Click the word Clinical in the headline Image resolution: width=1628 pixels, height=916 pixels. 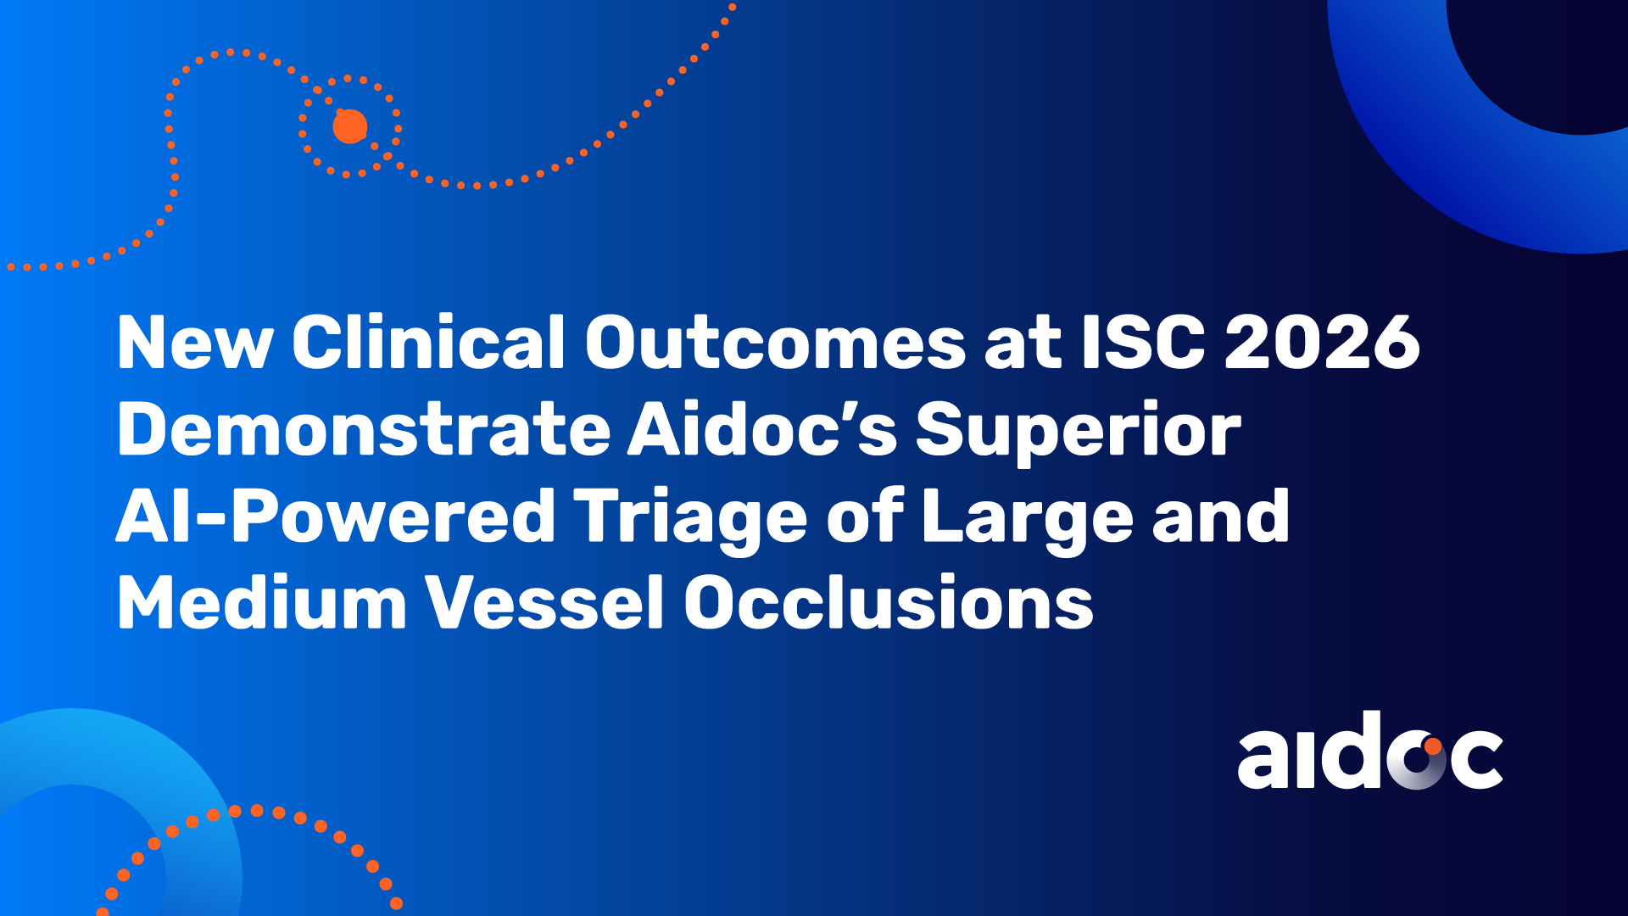(428, 342)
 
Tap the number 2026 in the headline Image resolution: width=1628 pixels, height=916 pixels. (1322, 342)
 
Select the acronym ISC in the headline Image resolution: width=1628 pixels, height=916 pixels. (1143, 342)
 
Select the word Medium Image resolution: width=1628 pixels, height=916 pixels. (262, 601)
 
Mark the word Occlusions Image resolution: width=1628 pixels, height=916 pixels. (889, 601)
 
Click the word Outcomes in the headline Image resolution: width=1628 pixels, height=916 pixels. (775, 342)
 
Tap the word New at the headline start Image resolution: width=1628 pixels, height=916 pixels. (195, 343)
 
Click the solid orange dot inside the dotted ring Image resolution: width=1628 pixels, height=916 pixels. (349, 126)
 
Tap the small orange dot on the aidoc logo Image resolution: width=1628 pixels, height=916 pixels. (1432, 746)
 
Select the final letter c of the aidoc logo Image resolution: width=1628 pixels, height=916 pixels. (1476, 758)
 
